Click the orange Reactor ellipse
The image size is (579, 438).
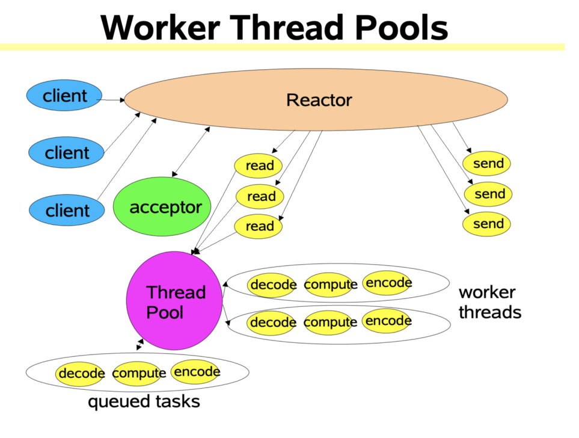click(x=316, y=99)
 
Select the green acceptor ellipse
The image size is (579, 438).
click(x=162, y=206)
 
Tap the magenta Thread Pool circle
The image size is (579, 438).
click(x=174, y=301)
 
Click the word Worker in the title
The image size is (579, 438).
click(x=161, y=28)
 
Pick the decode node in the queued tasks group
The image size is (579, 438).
click(x=80, y=374)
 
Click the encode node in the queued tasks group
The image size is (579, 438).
click(x=196, y=371)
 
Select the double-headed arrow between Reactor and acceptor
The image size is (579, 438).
click(x=191, y=152)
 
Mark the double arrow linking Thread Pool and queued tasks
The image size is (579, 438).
click(x=140, y=344)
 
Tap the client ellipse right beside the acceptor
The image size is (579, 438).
click(x=67, y=211)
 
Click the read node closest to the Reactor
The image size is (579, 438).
click(x=258, y=165)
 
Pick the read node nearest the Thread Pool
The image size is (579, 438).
click(x=259, y=226)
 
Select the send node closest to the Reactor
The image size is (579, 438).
click(x=486, y=164)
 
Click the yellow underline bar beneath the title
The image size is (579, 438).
click(x=282, y=48)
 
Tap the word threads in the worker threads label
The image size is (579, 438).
click(x=490, y=312)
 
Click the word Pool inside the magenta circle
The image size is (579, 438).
click(x=165, y=313)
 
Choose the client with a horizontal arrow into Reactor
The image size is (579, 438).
click(x=64, y=96)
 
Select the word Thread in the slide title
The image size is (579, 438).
click(x=287, y=28)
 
